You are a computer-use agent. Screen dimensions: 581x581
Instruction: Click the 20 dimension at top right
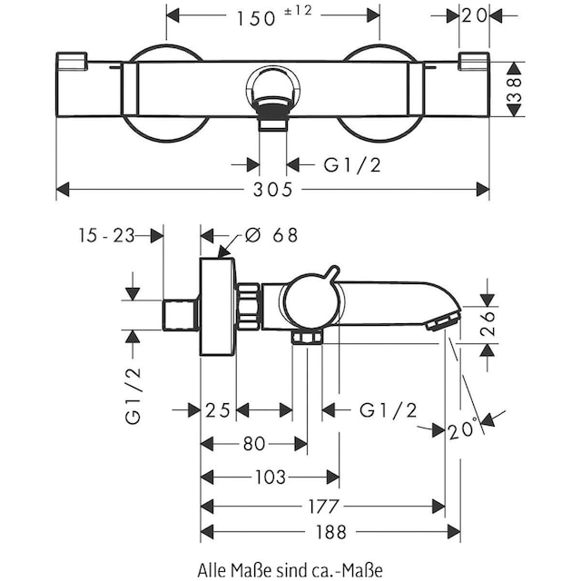pyautogui.click(x=473, y=15)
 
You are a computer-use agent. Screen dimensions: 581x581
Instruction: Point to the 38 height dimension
pyautogui.click(x=514, y=88)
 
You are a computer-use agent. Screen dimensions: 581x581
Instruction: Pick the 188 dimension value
pyautogui.click(x=323, y=532)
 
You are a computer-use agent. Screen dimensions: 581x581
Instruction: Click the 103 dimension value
pyautogui.click(x=270, y=478)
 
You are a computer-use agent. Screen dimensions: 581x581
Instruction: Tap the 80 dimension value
pyautogui.click(x=254, y=444)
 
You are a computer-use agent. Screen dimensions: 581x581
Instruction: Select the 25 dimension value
pyautogui.click(x=218, y=410)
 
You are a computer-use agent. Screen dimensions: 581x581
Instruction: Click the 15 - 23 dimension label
pyautogui.click(x=106, y=235)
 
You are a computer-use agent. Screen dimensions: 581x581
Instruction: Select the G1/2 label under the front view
pyautogui.click(x=352, y=164)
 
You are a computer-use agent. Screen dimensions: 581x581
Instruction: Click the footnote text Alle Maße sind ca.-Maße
pyautogui.click(x=290, y=569)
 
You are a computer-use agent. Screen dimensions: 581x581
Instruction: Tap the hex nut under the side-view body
pyautogui.click(x=309, y=338)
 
